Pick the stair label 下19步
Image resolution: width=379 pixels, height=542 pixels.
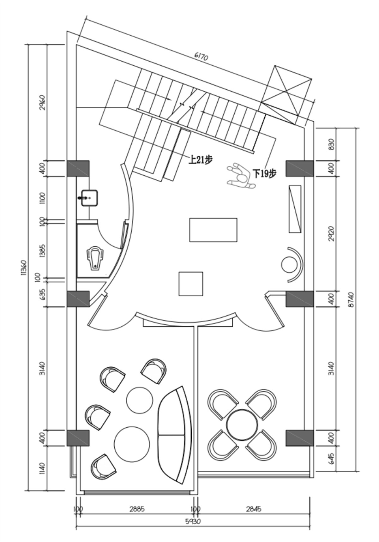point(265,173)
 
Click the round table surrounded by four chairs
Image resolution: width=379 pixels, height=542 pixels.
point(242,424)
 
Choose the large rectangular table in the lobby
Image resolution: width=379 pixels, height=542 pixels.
point(213,230)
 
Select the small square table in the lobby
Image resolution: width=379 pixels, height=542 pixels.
point(191,284)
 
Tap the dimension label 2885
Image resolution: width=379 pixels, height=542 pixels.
point(137,509)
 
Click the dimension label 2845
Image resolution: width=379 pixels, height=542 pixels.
point(253,509)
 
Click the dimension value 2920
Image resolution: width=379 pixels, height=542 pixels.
point(331,233)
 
